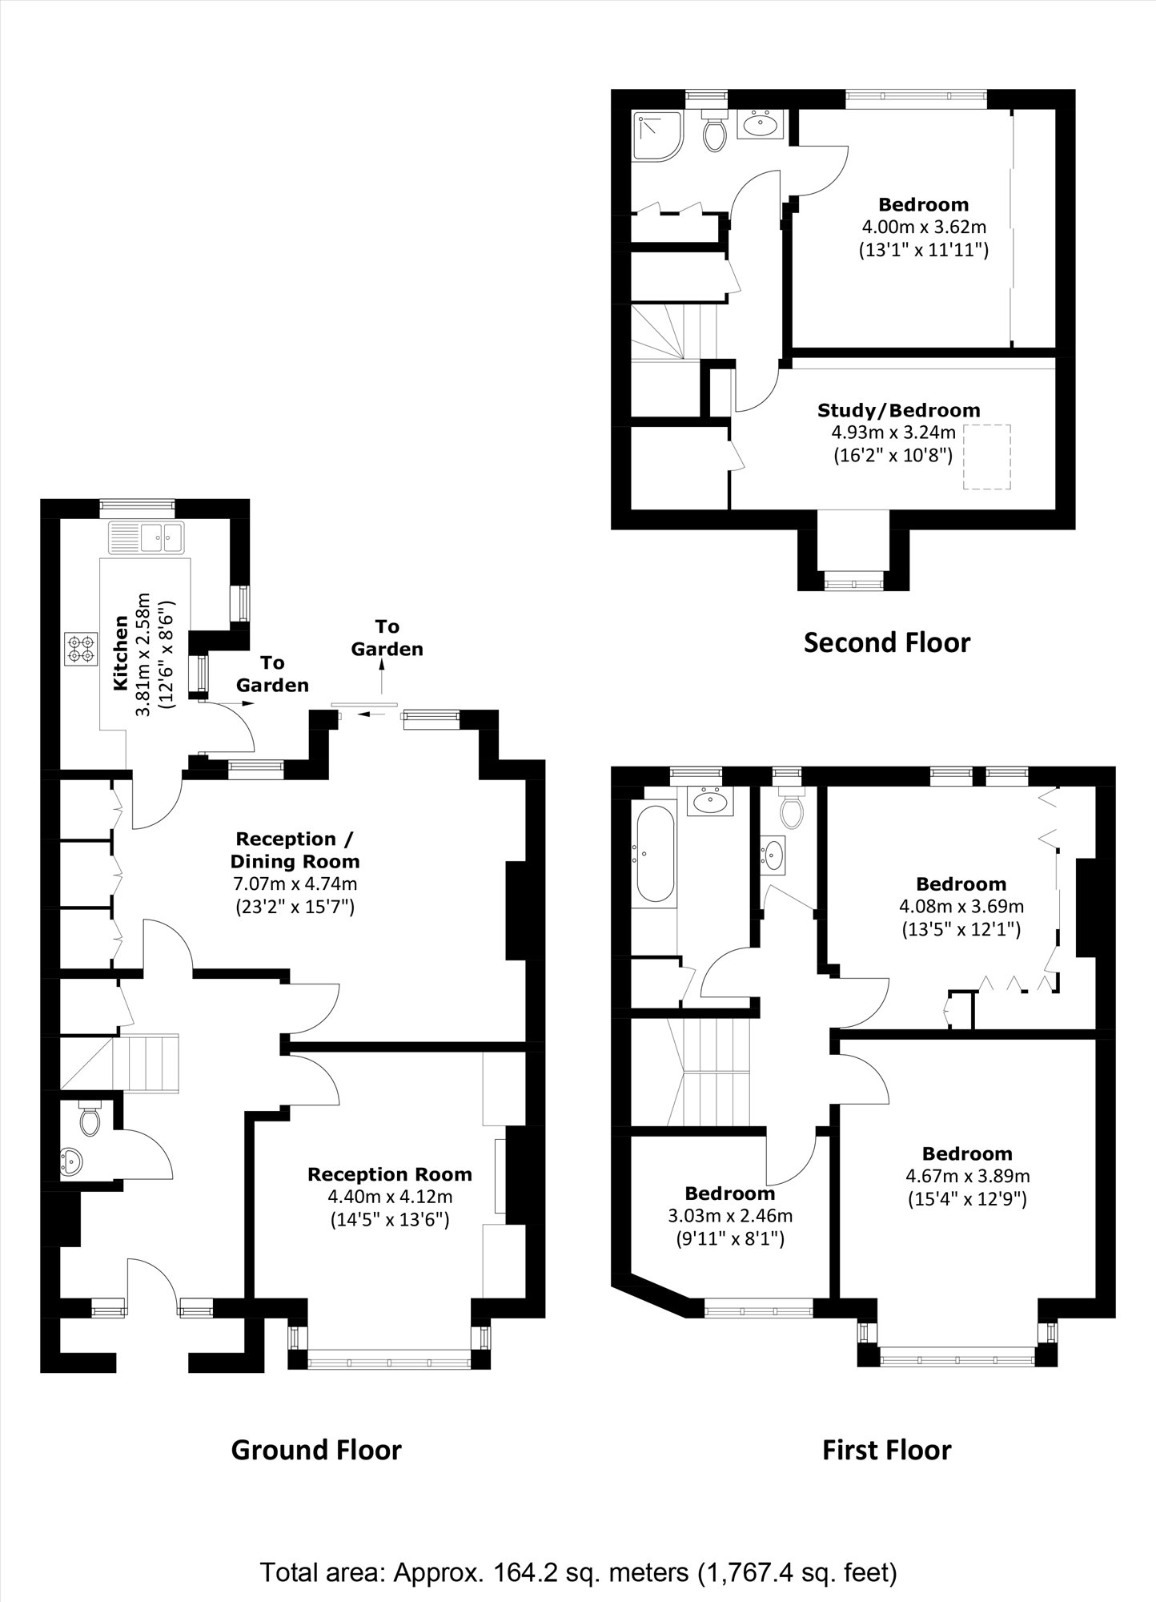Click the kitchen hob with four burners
coord(80,648)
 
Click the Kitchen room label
coord(121,653)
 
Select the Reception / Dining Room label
coord(295,850)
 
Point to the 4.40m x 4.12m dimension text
coord(390,1197)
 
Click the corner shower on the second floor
coord(656,134)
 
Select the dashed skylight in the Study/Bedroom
coord(987,457)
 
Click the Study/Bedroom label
coord(898,410)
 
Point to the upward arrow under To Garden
coord(383,682)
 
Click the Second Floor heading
coord(886,642)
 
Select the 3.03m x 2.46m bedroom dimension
coord(730,1216)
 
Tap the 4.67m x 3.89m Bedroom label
coord(967,1153)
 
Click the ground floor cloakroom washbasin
coord(72,1159)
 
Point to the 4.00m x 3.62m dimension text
coord(924,227)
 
